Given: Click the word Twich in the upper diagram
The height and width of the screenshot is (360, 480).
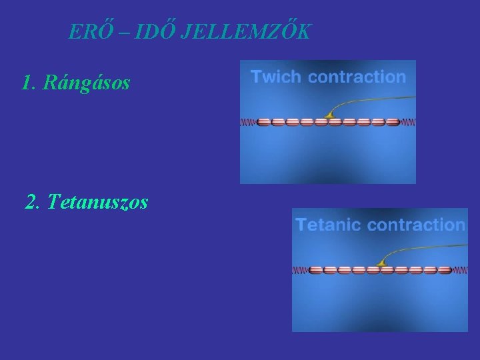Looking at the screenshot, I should [275, 76].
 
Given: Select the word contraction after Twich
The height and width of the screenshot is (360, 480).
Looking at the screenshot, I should [357, 76].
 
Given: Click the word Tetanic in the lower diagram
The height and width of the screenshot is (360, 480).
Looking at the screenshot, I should [329, 225].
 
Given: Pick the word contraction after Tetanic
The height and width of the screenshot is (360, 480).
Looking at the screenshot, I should [416, 225].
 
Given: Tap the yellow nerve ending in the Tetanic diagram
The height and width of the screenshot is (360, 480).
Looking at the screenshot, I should [382, 265].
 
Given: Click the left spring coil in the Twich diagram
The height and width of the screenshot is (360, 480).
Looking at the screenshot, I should [248, 123].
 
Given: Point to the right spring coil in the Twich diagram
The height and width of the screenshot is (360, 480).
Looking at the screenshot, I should [408, 123].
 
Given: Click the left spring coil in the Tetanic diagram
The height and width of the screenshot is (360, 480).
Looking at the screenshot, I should [301, 271].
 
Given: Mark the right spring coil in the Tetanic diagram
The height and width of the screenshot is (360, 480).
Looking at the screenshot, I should [461, 271].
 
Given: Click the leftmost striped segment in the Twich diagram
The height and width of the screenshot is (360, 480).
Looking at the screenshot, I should [264, 123].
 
